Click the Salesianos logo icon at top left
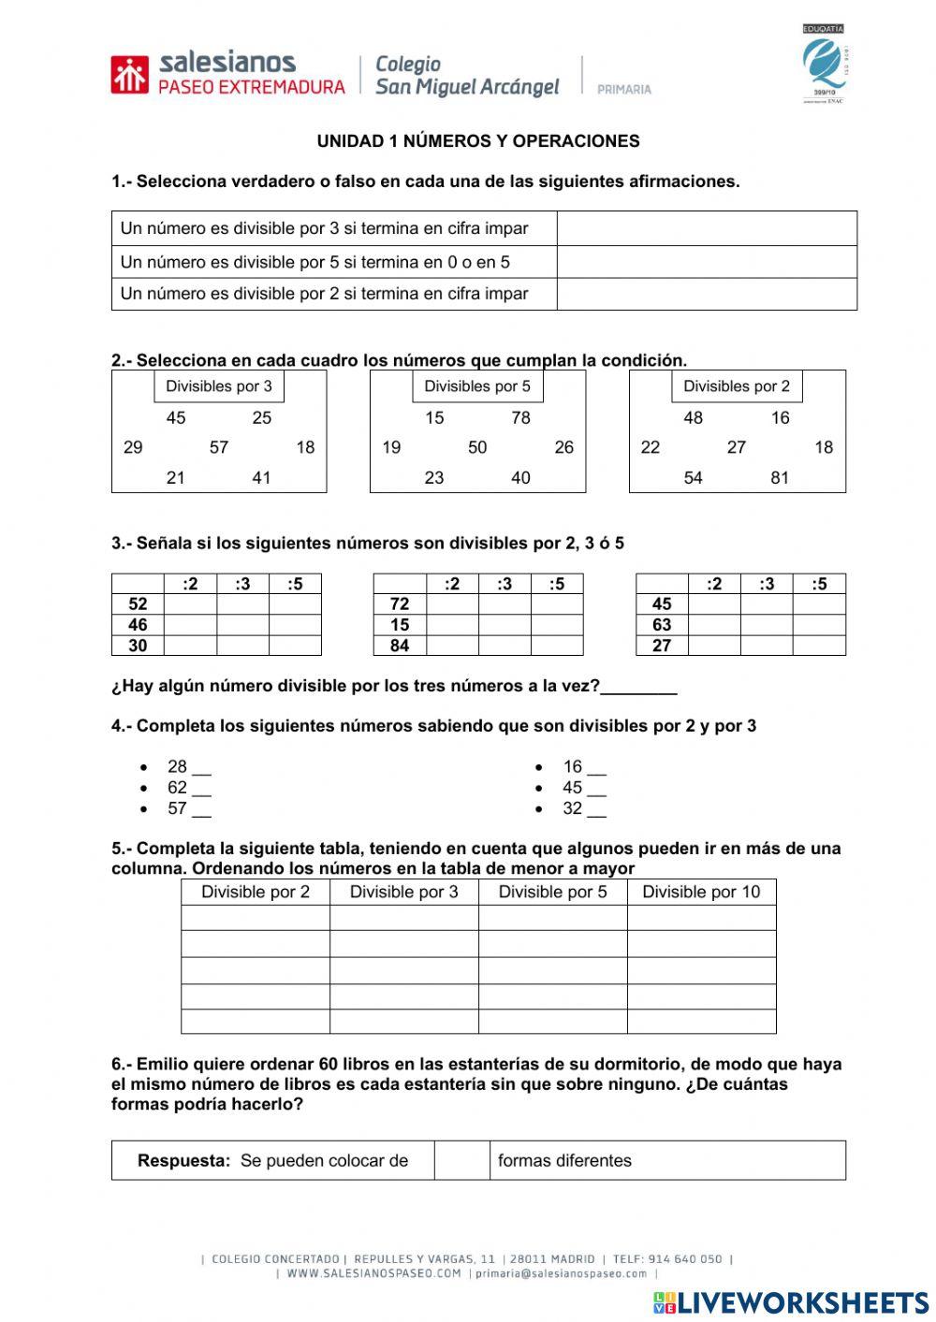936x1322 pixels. pos(129,75)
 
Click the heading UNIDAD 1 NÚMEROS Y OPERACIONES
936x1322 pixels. pos(478,141)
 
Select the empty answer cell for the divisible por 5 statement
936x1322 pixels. pos(707,262)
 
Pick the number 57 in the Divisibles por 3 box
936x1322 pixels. pos(219,447)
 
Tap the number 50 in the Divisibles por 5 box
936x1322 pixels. pos(477,447)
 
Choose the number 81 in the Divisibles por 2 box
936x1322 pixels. pos(780,477)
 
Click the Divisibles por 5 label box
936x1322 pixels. pos(477,386)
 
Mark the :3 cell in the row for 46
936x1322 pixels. pos(242,625)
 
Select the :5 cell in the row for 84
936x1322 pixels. pos(557,646)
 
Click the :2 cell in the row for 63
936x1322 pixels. pos(714,625)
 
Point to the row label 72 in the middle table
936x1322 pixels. pos(400,604)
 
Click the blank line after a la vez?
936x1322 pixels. pos(638,688)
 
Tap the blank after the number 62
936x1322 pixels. pos(201,789)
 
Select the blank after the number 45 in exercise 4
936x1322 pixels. pos(596,789)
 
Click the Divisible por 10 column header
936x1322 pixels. pos(701,892)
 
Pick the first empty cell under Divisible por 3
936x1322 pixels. pos(404,918)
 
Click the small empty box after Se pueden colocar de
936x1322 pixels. pos(461,1160)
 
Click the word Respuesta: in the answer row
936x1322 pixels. pos(183,1160)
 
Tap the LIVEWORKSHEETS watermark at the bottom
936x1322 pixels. pos(791,1302)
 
